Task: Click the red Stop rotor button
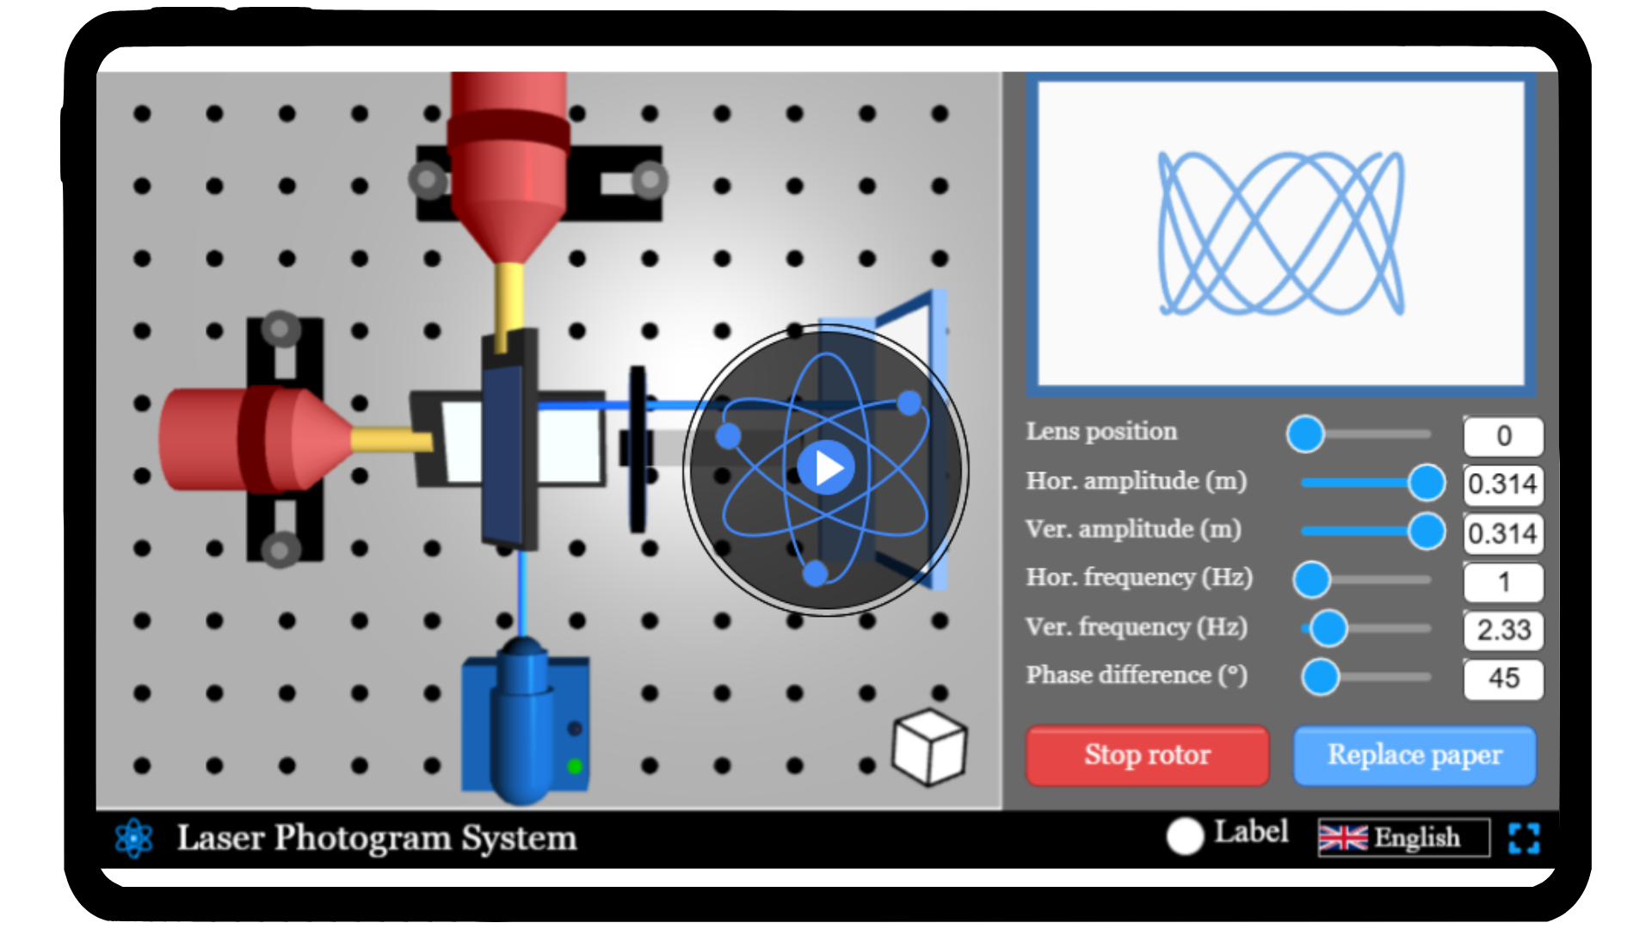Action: (x=1147, y=755)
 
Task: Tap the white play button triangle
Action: (x=829, y=468)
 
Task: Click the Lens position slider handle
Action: (x=1305, y=434)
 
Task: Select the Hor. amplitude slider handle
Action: (x=1427, y=483)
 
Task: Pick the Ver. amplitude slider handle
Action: (x=1427, y=531)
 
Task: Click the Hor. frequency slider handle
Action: (x=1312, y=580)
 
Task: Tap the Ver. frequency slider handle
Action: (x=1329, y=629)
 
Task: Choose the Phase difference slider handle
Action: (x=1321, y=677)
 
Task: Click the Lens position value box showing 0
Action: (x=1503, y=435)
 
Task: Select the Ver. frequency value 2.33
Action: (x=1503, y=630)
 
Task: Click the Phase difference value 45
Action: (x=1503, y=678)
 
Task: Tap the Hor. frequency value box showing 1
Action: (x=1503, y=581)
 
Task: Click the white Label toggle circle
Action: (x=1185, y=836)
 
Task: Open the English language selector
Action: (x=1403, y=837)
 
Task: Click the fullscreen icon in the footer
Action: (x=1524, y=838)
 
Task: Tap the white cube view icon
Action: (x=929, y=747)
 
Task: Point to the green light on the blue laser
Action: (x=575, y=766)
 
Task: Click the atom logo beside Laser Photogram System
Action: (x=134, y=838)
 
